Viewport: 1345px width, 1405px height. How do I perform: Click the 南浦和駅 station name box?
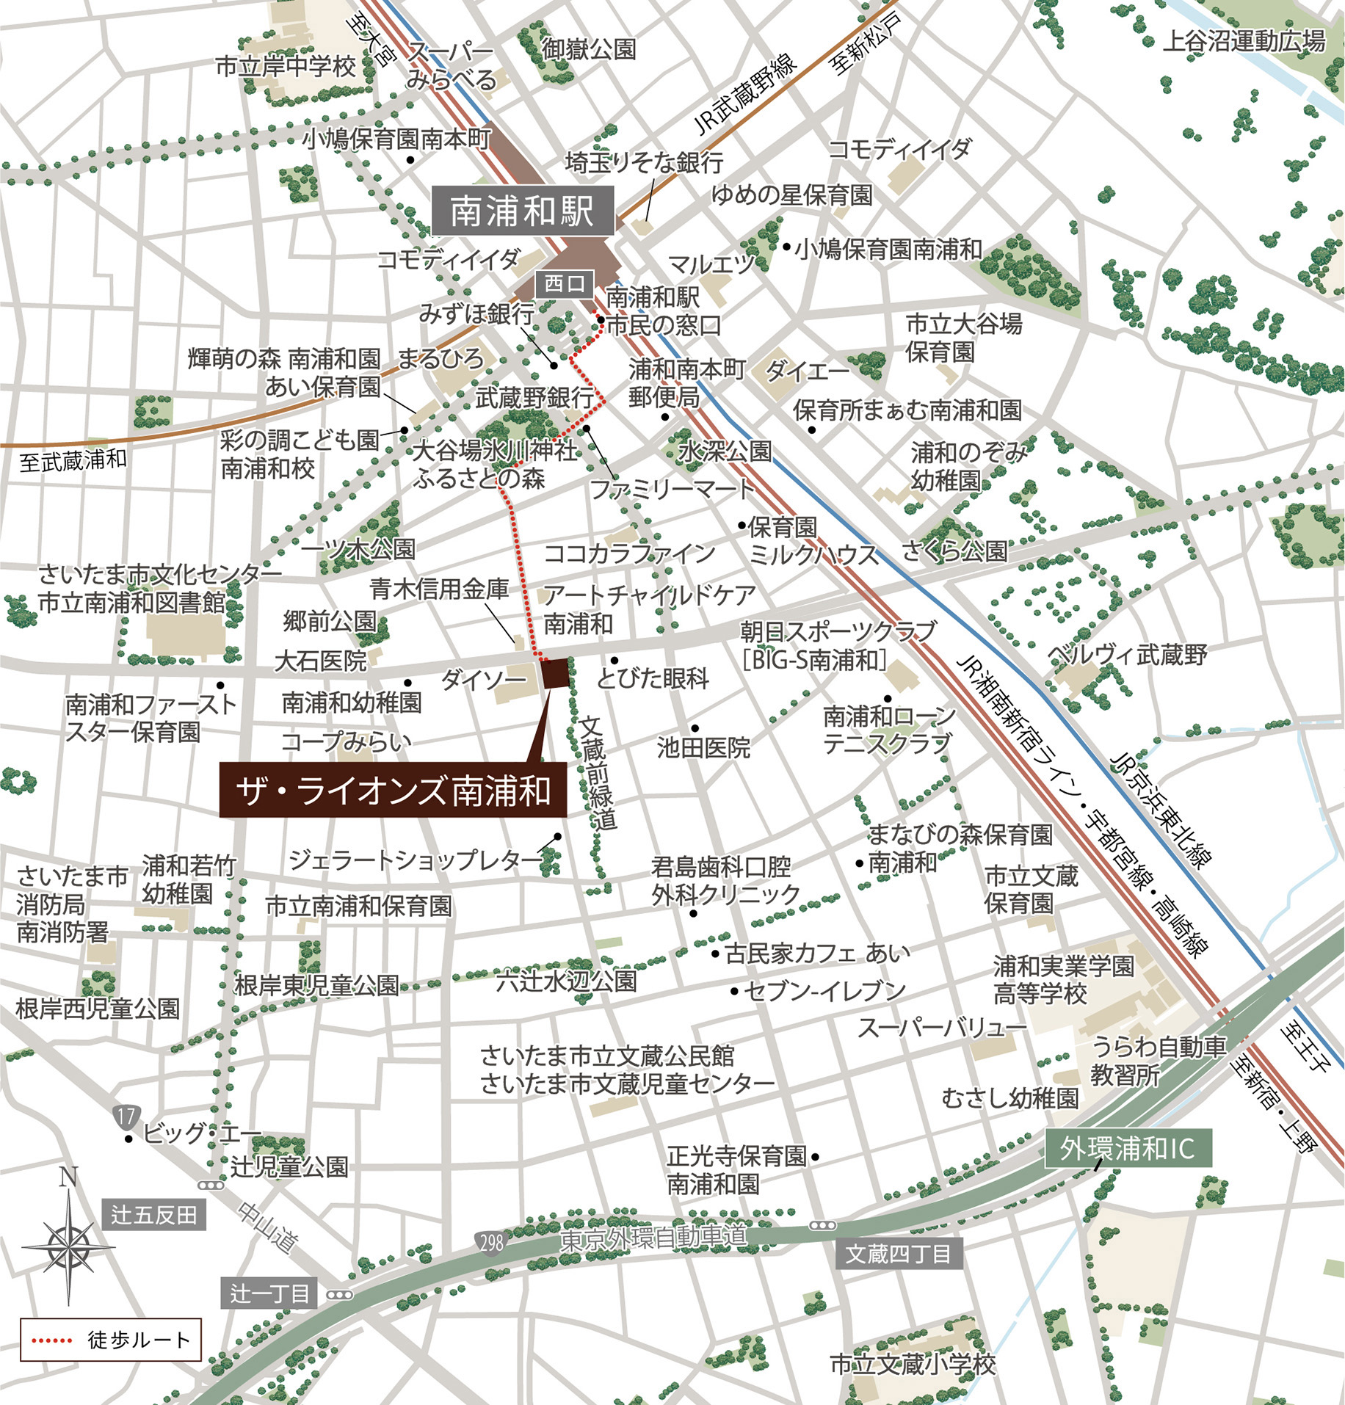(522, 211)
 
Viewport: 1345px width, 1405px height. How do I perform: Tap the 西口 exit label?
(564, 283)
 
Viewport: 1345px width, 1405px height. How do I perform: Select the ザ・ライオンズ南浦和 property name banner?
(393, 791)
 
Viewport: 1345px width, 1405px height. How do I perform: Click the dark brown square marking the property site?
(555, 674)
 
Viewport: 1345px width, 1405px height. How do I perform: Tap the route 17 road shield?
(126, 1117)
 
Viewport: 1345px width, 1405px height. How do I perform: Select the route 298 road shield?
(491, 1242)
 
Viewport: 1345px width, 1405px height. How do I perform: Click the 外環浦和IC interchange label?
(1127, 1149)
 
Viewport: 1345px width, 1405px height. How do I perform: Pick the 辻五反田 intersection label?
(153, 1215)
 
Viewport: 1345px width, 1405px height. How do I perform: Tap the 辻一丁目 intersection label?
(269, 1293)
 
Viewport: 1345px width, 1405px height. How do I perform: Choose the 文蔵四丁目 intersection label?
(898, 1253)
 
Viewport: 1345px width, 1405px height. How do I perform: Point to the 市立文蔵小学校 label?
(912, 1364)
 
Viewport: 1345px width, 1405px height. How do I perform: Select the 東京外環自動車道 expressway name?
(653, 1238)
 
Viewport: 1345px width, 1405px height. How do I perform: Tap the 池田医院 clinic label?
(703, 747)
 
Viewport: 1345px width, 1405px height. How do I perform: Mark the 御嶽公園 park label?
(589, 49)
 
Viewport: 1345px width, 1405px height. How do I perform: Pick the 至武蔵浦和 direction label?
(73, 460)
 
